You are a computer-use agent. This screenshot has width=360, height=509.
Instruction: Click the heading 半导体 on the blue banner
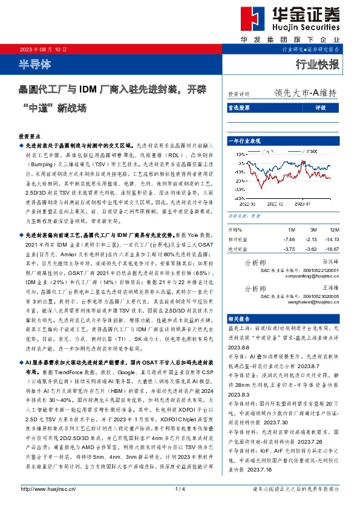(x=35, y=62)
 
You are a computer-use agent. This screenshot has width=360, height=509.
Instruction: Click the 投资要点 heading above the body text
(x=30, y=137)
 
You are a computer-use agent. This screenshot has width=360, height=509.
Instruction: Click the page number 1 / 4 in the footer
(x=180, y=488)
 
